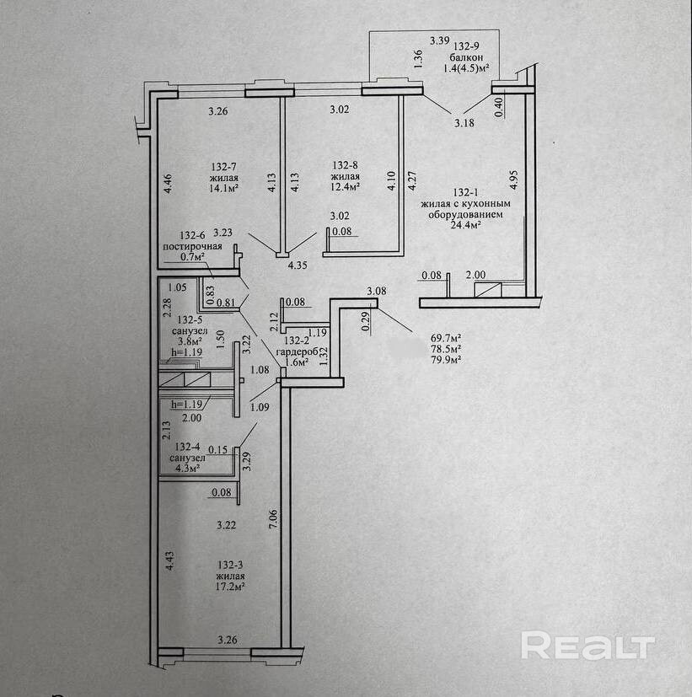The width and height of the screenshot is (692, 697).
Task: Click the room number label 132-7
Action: (x=225, y=166)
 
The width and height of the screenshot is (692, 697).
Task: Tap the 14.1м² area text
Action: (x=225, y=189)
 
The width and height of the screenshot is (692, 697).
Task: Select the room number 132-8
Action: (x=347, y=166)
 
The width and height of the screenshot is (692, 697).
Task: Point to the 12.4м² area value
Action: (x=347, y=189)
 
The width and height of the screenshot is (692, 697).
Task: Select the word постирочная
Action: (x=193, y=245)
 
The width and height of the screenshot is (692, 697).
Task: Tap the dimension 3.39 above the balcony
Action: (x=438, y=40)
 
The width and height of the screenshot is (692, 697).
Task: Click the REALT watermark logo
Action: (x=587, y=646)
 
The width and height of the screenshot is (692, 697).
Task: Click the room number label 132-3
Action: (x=230, y=564)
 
